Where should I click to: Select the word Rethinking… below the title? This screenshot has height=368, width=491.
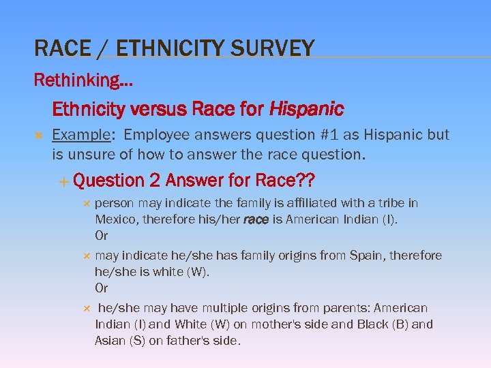[83, 80]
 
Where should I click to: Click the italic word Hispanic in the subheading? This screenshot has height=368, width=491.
[307, 109]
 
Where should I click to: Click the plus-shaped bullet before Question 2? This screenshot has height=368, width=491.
[63, 181]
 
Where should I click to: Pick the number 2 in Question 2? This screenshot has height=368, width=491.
[155, 181]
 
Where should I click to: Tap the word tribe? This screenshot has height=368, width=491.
[390, 203]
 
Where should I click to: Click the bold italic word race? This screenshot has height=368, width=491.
[256, 219]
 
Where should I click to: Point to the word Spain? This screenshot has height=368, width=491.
[366, 256]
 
